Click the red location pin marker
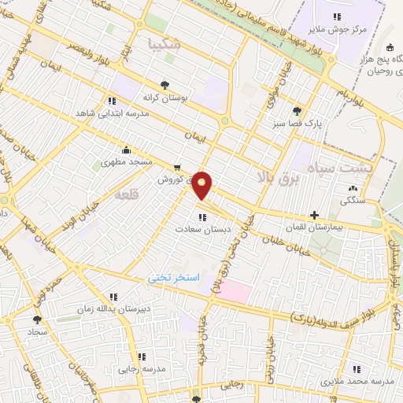point(202,184)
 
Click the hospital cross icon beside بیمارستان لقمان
point(315,214)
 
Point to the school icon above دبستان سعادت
point(203,216)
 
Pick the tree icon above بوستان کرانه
point(165,86)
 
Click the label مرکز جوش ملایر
point(337,29)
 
